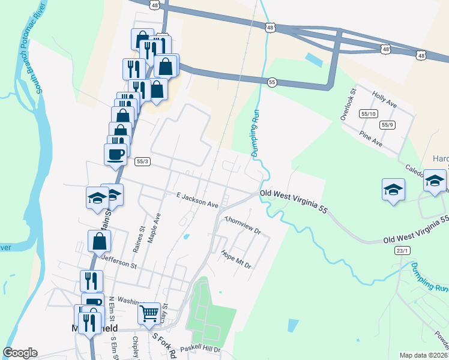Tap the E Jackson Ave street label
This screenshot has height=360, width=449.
(197, 200)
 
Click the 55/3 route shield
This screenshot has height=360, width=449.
(142, 161)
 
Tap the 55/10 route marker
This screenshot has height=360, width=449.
(368, 113)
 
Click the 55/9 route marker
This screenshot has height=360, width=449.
(388, 125)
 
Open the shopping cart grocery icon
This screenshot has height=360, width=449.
(149, 313)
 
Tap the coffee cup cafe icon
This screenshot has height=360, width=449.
(116, 153)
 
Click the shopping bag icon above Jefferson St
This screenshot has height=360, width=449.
(99, 241)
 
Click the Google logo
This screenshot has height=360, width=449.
(20, 353)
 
